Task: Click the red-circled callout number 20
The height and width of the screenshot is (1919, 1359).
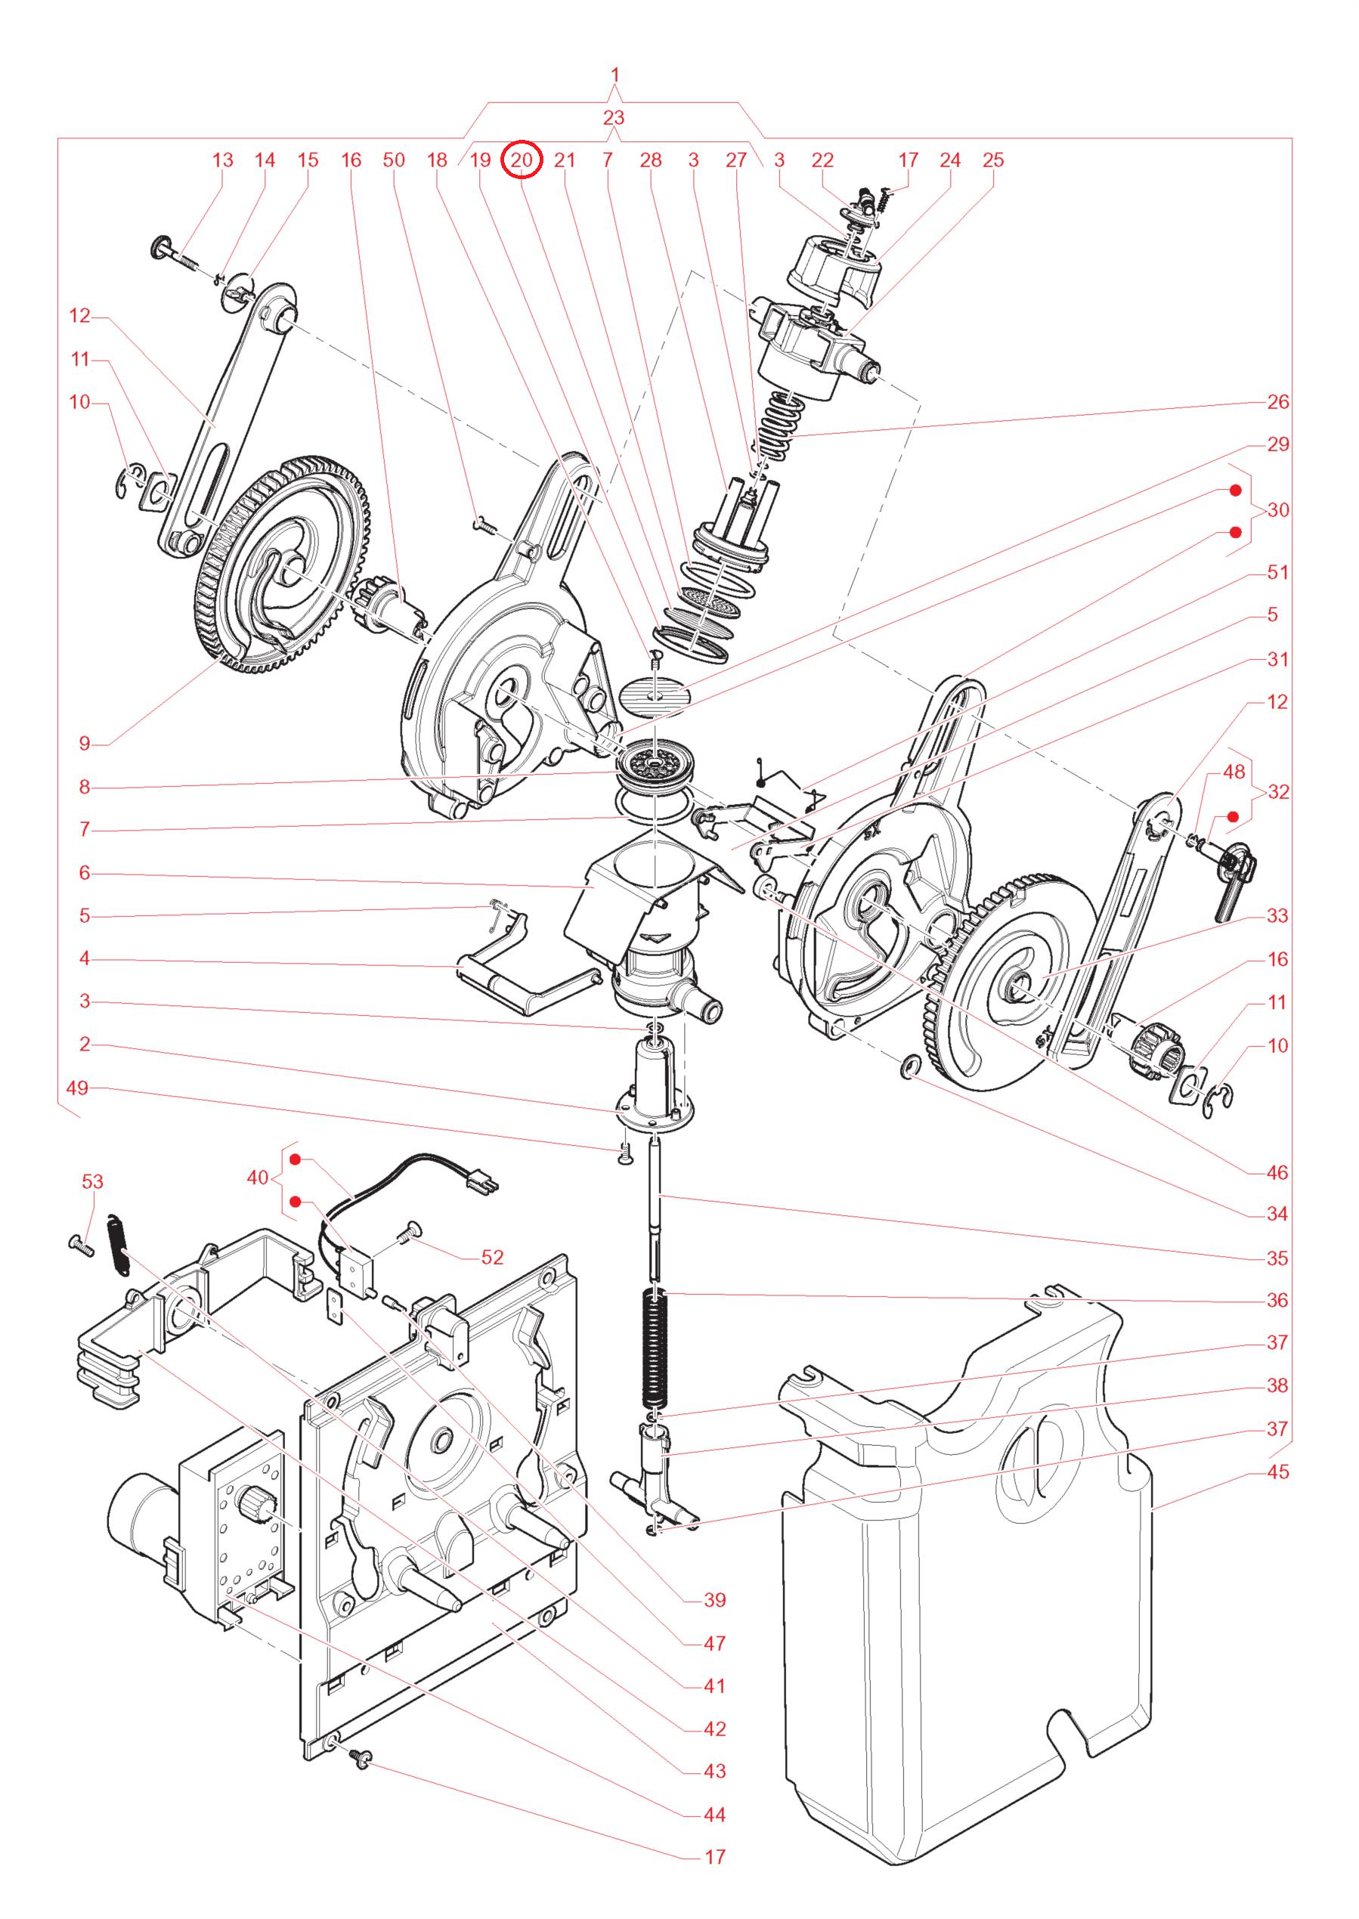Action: click(522, 159)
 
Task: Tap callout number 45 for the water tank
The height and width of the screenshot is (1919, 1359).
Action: click(1277, 1472)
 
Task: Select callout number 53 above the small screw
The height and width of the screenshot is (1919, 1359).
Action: click(92, 1181)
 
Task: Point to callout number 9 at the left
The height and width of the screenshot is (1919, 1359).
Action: click(85, 743)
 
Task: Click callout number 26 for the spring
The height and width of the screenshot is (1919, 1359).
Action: click(1277, 401)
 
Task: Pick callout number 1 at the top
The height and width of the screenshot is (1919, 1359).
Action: click(615, 76)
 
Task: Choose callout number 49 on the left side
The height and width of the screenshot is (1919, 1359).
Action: click(77, 1088)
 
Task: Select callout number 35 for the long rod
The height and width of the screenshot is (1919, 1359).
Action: click(1277, 1258)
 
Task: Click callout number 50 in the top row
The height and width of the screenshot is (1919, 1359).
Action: click(393, 159)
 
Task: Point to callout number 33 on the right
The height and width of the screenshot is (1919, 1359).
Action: click(1277, 915)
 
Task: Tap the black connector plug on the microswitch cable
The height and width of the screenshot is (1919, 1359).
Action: click(485, 1184)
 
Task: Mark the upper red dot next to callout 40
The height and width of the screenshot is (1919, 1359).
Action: click(296, 1159)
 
